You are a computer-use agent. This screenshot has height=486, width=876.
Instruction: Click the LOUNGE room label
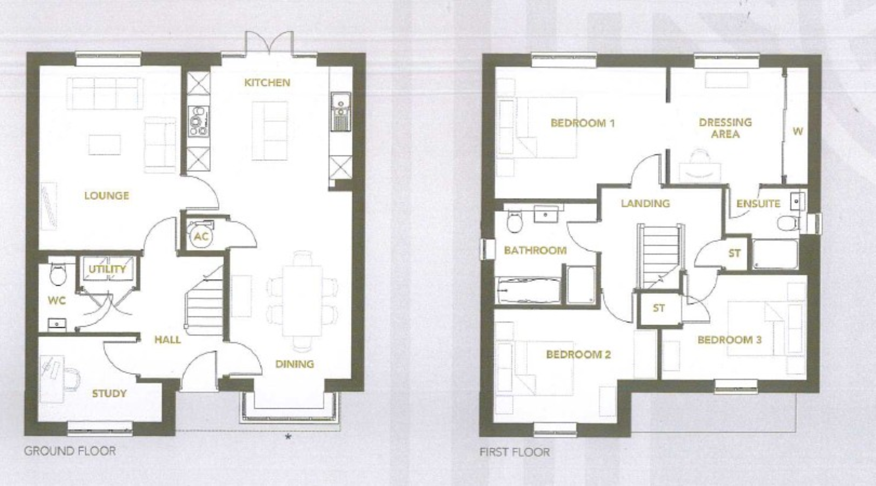(107, 195)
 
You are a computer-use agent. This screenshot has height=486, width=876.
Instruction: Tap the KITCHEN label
(267, 83)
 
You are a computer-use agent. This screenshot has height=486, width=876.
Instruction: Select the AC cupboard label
(201, 236)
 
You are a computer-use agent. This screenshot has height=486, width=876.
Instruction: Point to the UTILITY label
(107, 269)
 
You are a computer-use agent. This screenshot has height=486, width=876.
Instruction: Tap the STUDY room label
(109, 393)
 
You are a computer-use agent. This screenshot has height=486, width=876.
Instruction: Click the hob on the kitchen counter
(198, 121)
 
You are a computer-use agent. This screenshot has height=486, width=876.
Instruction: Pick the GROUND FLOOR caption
(70, 451)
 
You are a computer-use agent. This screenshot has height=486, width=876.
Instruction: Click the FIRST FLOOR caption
(515, 452)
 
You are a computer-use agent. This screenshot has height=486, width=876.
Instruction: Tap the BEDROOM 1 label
(583, 123)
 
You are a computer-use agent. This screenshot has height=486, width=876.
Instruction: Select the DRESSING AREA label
(725, 128)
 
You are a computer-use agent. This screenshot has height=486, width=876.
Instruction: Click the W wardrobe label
(798, 131)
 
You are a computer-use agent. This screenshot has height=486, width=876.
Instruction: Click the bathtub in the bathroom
(528, 290)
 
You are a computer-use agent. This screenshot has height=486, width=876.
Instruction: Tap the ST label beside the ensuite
(734, 253)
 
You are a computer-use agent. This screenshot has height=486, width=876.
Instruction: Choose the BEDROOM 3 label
(729, 340)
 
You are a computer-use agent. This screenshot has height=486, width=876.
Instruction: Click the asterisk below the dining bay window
(289, 437)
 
